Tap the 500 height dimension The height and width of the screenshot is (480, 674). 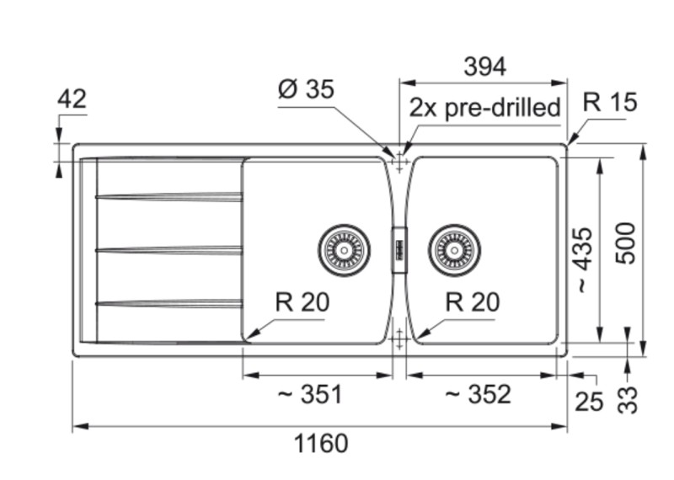point(624,244)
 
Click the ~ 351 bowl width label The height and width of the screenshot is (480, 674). point(310,393)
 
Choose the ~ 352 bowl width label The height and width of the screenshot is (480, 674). point(478,393)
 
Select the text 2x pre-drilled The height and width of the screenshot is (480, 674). point(485,108)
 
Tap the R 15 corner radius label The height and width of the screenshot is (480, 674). point(611,103)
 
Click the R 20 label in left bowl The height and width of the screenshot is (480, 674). point(302,302)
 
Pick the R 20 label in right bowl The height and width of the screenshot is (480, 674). point(472,302)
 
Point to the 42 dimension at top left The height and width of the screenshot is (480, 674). point(72,99)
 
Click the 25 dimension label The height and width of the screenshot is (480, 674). point(590,401)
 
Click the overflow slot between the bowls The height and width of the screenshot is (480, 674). point(399,250)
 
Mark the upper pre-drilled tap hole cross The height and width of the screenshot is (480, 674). point(399,157)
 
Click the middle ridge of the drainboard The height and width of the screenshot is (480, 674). point(168,249)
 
